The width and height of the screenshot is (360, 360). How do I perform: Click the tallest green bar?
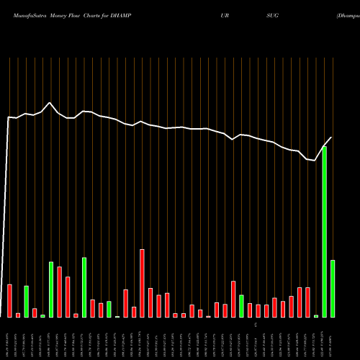coord(325,231)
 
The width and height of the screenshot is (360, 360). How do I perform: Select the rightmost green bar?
coord(333,288)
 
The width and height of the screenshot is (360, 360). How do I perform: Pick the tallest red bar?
coord(142,283)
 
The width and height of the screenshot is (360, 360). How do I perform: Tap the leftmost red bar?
coord(10,300)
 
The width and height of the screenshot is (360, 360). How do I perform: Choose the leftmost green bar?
coord(27,301)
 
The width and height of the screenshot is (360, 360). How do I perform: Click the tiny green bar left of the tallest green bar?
coord(316,315)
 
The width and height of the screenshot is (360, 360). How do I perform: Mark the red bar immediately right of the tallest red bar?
coord(150,302)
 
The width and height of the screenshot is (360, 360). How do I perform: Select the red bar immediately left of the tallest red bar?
coord(134,312)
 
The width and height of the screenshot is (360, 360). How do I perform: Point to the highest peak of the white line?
coord(49,102)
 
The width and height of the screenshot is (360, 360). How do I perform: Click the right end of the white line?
coord(332,137)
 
